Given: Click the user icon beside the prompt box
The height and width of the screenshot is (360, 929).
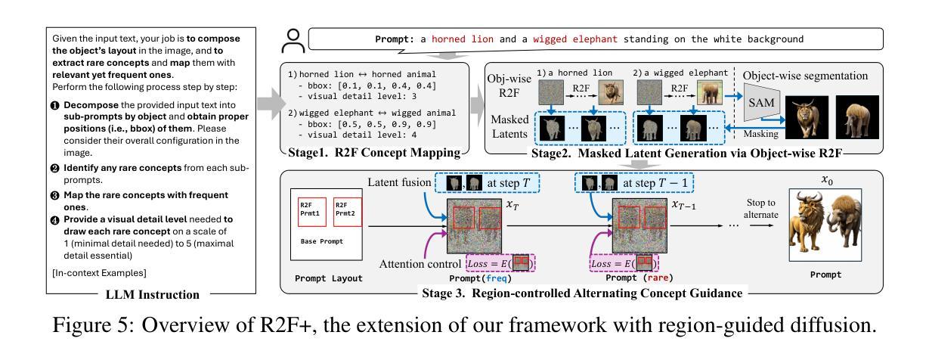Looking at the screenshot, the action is [293, 41].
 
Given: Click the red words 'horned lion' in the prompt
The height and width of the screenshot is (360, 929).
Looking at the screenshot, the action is [463, 39].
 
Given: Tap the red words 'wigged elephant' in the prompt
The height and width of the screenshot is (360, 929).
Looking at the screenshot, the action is [574, 39].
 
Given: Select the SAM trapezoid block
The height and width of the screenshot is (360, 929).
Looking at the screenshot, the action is [761, 102].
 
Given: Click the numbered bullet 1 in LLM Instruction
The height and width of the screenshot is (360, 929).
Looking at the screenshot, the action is [55, 105].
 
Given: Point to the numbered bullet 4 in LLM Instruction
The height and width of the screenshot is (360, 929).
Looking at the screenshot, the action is [55, 220].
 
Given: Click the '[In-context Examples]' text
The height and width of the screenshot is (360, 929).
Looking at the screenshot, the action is [99, 273].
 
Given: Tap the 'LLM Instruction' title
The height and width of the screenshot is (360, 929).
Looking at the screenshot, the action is [152, 294].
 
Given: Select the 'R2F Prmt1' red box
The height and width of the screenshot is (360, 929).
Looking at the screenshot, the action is [312, 212].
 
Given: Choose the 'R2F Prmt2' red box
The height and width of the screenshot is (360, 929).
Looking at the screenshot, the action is [348, 212].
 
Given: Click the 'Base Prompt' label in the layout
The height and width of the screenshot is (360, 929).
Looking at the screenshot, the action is [322, 241].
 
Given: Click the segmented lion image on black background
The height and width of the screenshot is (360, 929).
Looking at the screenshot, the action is [807, 117].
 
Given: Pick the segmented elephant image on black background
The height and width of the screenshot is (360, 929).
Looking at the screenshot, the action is [857, 117].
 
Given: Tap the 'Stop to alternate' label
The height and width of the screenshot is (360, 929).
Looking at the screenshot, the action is [760, 209].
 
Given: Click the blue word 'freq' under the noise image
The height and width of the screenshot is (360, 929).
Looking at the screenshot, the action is [496, 278].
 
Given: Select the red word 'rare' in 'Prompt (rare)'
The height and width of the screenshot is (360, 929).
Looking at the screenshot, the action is [658, 278].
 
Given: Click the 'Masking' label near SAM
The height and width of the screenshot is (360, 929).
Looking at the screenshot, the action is [760, 134].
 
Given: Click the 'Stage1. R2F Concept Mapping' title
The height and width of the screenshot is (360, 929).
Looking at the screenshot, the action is [374, 153].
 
